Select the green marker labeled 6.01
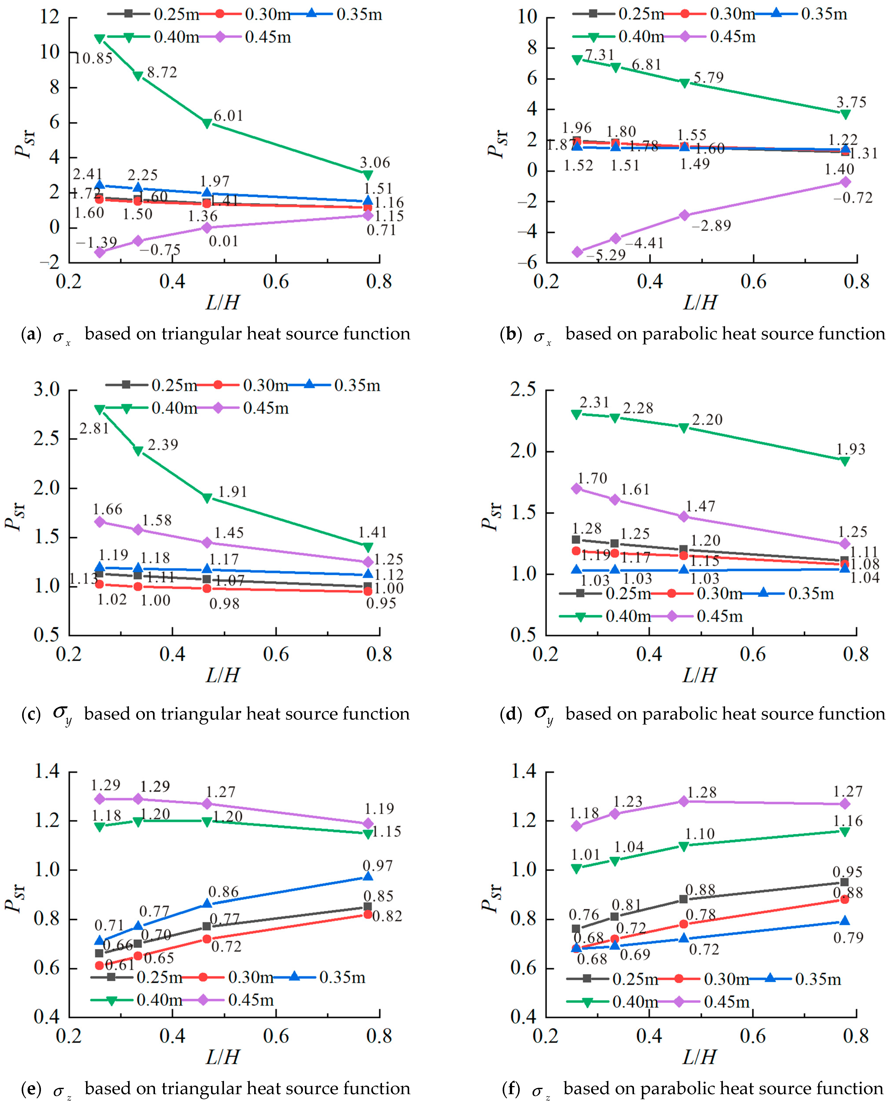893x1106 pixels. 207,123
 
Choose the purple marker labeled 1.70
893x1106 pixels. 577,488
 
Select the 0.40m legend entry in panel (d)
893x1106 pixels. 628,616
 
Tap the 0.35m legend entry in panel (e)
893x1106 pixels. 342,977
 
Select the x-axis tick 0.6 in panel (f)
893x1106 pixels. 753,1036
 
